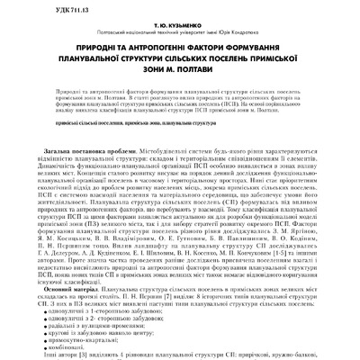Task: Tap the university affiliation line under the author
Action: (x=179, y=36)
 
